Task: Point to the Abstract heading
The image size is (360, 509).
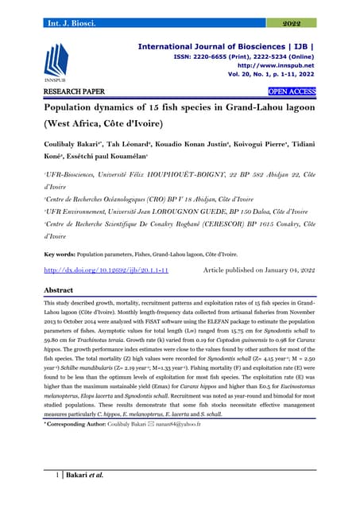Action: (x=63, y=291)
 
